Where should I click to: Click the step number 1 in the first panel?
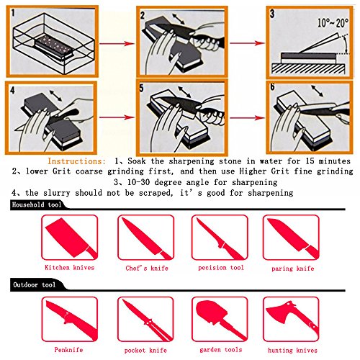click(x=13, y=13)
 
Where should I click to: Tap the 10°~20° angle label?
click(x=333, y=23)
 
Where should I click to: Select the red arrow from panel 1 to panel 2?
click(x=117, y=43)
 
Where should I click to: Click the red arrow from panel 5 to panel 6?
click(x=247, y=118)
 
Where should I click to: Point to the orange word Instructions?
click(x=76, y=161)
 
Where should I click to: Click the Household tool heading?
click(x=37, y=204)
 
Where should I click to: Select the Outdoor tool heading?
click(x=34, y=285)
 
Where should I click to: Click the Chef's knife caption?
click(x=147, y=268)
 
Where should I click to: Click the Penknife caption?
click(x=68, y=350)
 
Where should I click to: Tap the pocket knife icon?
click(x=147, y=320)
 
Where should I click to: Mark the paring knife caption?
click(x=293, y=268)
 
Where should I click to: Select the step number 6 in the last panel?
click(x=272, y=87)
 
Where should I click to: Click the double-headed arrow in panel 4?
click(x=55, y=96)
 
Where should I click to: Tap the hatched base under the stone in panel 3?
click(x=308, y=68)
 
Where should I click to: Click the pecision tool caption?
click(x=221, y=268)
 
